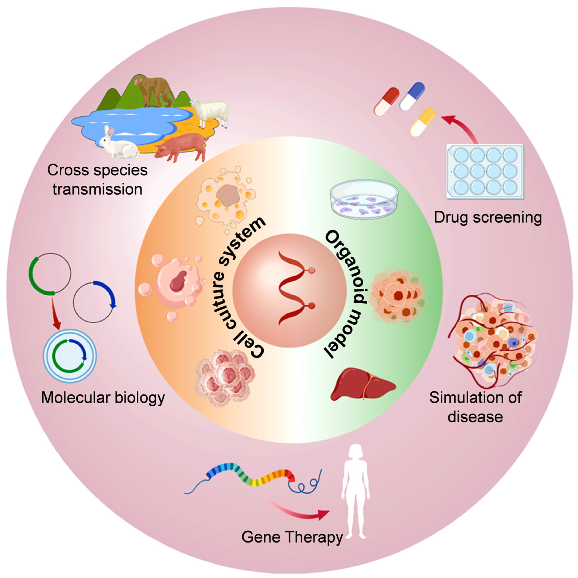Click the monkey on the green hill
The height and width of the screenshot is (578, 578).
(x=154, y=90)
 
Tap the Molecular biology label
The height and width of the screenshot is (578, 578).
(x=103, y=398)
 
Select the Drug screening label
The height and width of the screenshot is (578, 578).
(x=488, y=217)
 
